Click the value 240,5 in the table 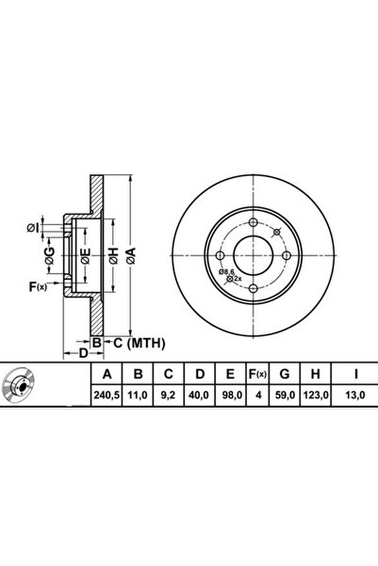pos(107,396)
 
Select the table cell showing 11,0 pos(138,396)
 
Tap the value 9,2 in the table pos(169,396)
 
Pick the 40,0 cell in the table pos(200,396)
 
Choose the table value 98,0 pos(231,396)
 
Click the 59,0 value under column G pos(285,396)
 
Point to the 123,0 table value pos(316,396)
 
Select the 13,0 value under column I pos(355,396)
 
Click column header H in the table pos(316,374)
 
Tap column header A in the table pos(107,374)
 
